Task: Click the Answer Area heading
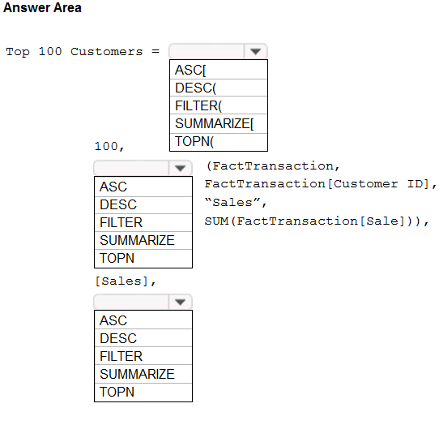point(42,7)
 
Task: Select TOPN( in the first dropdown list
point(194,141)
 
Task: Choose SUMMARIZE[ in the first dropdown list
point(214,123)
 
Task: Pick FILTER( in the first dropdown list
point(198,105)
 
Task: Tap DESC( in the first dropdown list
point(196,88)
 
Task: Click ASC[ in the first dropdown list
point(190,70)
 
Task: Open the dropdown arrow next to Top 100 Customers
point(255,51)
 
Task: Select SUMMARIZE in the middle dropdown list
point(137,240)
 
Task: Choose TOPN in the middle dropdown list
point(117,258)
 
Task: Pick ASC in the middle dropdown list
point(113,187)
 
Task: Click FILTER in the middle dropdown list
point(121,222)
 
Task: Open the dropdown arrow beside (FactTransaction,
point(180,168)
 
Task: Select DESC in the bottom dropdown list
point(118,338)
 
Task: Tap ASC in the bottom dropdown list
point(113,320)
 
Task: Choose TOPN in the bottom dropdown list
point(117,392)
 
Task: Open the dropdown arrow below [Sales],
point(180,302)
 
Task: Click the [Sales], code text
point(126,281)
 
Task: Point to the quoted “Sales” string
point(236,202)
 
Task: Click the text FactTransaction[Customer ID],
point(320,184)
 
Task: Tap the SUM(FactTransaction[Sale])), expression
point(317,221)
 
